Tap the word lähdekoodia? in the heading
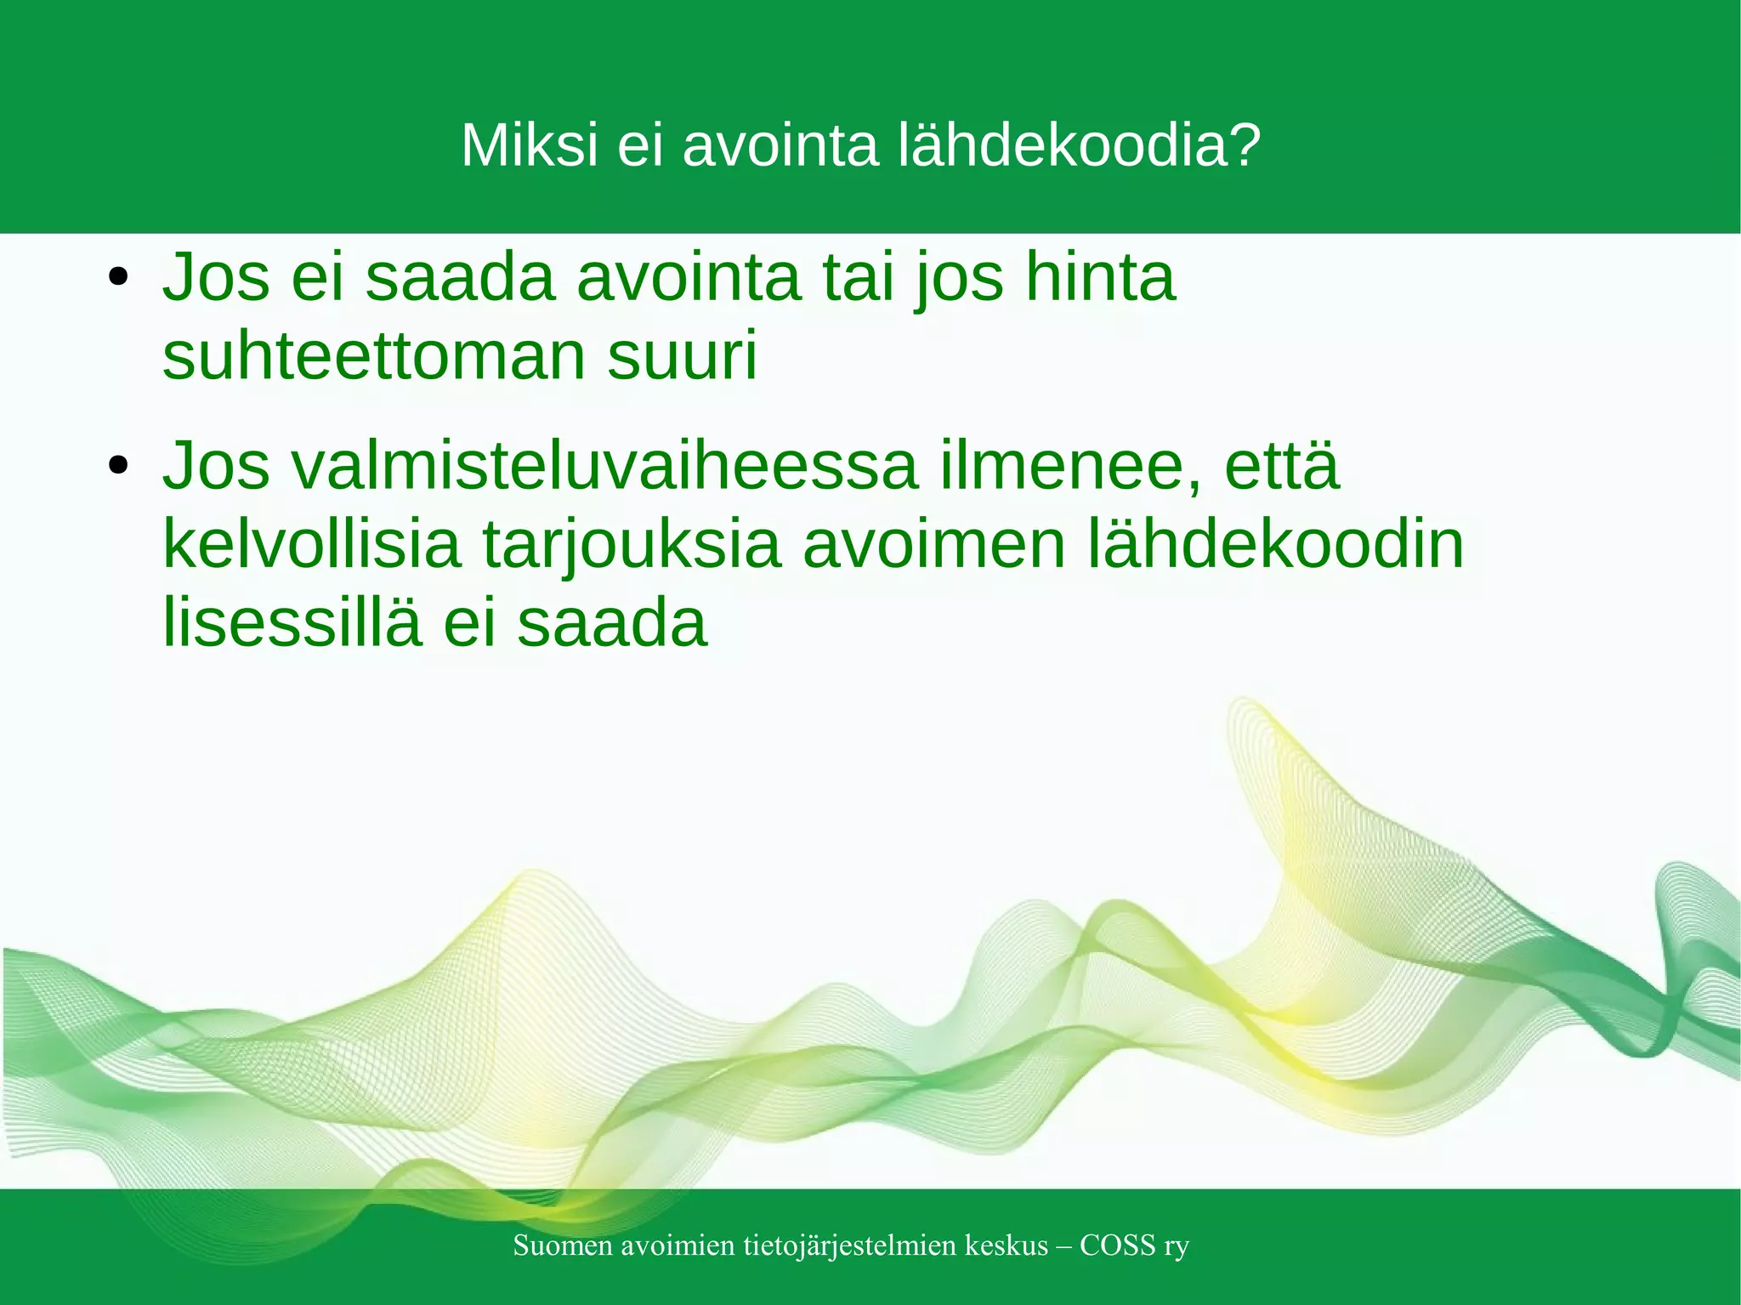1079,145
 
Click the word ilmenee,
1070,466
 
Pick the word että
1282,466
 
